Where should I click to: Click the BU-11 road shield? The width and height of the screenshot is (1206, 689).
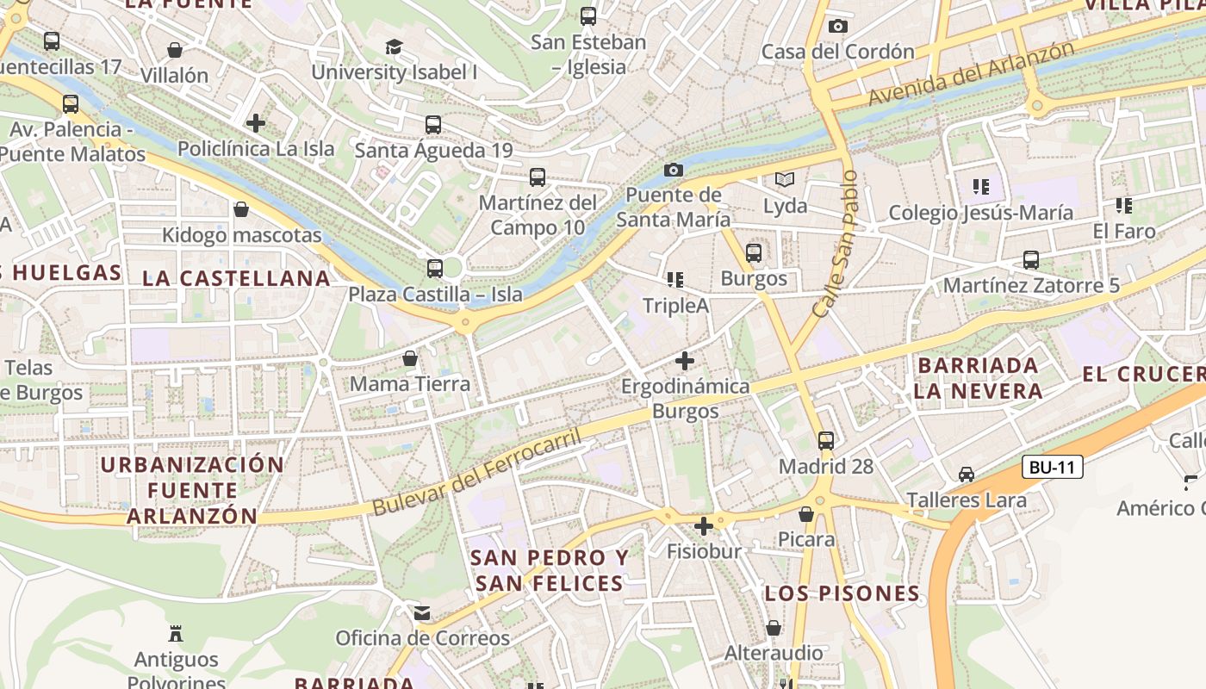point(1053,468)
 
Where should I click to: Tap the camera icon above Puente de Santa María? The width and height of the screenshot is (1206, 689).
point(674,170)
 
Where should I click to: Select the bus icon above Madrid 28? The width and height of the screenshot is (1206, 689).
point(826,441)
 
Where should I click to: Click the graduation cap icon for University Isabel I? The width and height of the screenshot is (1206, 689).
point(394,47)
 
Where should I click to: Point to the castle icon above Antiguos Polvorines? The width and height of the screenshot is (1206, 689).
point(177,635)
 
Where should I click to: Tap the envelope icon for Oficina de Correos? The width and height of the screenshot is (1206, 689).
point(422,613)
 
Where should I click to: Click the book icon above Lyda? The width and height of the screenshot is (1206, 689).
point(784,180)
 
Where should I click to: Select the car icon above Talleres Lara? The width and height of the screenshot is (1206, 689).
point(967,475)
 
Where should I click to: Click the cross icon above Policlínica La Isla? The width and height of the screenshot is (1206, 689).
point(256,123)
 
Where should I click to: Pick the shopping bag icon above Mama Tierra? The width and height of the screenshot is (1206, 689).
point(410,358)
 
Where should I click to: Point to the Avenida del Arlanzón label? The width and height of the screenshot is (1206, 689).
point(971,74)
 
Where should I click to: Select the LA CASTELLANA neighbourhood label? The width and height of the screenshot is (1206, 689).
point(236,278)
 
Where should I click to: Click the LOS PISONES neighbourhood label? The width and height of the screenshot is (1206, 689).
point(842,593)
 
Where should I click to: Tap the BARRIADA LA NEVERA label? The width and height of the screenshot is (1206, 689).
point(978,378)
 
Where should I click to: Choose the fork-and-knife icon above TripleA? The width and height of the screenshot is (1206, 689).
point(675,279)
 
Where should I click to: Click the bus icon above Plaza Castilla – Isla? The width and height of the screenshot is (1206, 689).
point(435,268)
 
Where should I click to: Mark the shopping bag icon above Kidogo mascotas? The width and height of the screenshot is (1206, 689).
point(241,209)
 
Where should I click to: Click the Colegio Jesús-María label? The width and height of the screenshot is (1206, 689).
point(980,213)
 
